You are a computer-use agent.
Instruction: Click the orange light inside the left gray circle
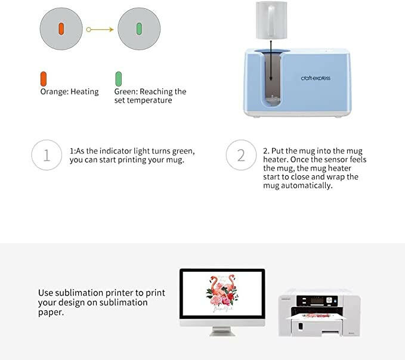61,29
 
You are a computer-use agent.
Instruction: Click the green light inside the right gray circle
139,29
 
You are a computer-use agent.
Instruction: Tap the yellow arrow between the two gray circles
100,30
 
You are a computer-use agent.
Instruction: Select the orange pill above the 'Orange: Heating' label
44,79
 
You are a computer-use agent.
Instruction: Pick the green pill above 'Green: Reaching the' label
119,79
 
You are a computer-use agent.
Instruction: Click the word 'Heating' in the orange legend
85,92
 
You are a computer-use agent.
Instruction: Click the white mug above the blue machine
271,20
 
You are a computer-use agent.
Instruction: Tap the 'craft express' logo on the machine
316,78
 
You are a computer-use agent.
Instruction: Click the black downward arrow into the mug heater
271,61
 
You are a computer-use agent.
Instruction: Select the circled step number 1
47,155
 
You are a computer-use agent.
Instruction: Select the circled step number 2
241,155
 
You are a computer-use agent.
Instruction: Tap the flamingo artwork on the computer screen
222,293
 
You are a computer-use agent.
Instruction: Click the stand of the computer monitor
222,331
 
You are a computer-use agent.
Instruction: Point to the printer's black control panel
317,301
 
